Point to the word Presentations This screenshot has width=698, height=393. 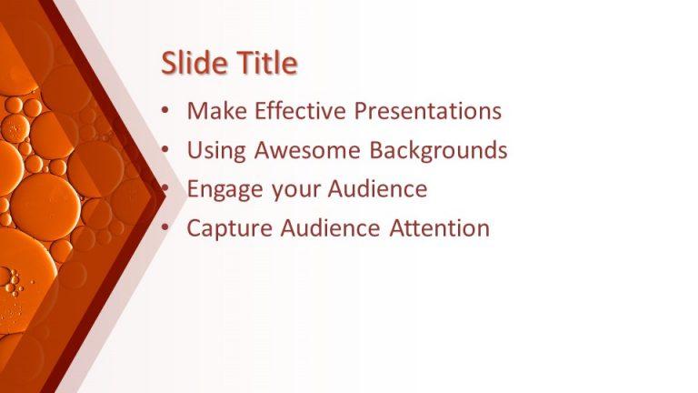(428, 111)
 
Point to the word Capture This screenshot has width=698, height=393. (224, 228)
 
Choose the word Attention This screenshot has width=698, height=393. (440, 228)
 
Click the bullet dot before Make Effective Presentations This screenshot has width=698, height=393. (165, 112)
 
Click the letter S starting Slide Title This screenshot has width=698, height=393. (169, 64)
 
